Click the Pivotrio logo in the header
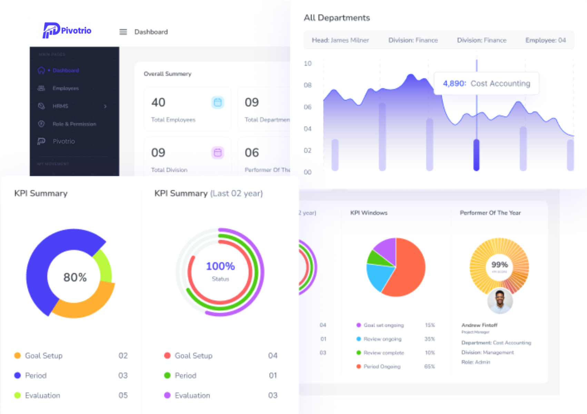click(x=67, y=31)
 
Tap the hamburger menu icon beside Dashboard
click(x=123, y=32)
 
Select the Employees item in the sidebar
click(x=66, y=88)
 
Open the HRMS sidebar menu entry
click(x=60, y=106)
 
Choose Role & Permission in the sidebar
click(x=74, y=124)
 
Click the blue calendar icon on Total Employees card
click(x=218, y=102)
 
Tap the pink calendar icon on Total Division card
click(x=218, y=152)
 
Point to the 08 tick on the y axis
click(x=308, y=85)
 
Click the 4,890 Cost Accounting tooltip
click(x=486, y=83)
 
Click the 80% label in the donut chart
click(x=75, y=277)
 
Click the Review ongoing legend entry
click(x=382, y=339)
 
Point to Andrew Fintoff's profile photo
click(x=500, y=300)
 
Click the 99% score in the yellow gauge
click(x=499, y=265)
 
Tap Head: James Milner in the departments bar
click(x=340, y=40)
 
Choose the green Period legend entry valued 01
click(x=185, y=375)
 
